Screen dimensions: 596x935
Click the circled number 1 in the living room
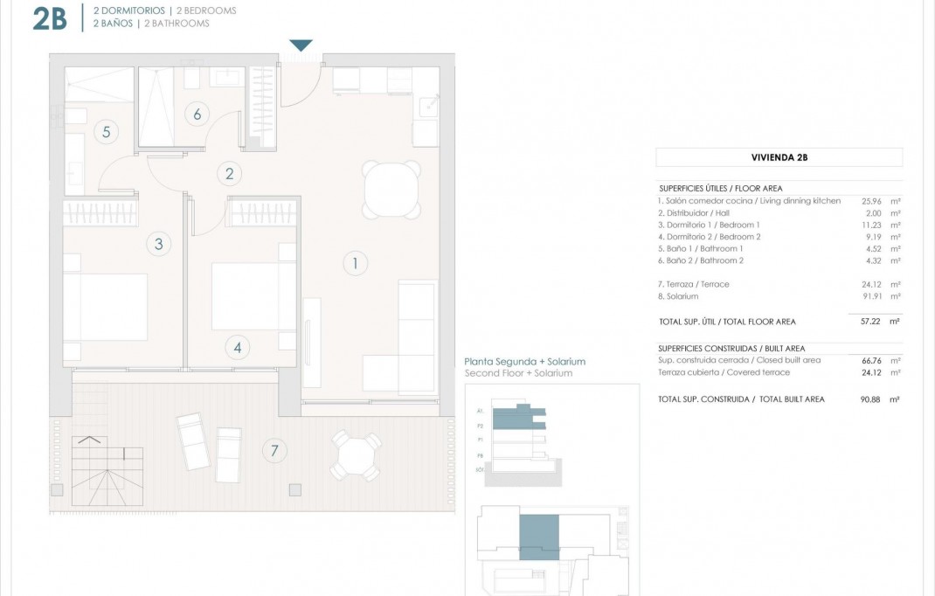point(355,263)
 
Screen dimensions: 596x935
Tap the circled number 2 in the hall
point(229,174)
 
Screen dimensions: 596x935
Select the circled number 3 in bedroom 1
point(158,245)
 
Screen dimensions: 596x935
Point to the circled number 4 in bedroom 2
point(237,348)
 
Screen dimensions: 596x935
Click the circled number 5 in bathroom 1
point(106,132)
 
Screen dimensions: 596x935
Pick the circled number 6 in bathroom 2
point(197,114)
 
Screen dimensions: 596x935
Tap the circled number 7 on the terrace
point(274,451)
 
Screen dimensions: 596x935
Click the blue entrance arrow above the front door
point(301,45)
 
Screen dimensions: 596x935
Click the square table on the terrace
point(356,456)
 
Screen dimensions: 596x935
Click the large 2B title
point(49,18)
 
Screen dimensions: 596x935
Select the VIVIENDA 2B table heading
point(779,158)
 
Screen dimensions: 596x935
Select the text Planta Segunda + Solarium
point(525,361)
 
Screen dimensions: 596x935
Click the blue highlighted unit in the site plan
point(539,537)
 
